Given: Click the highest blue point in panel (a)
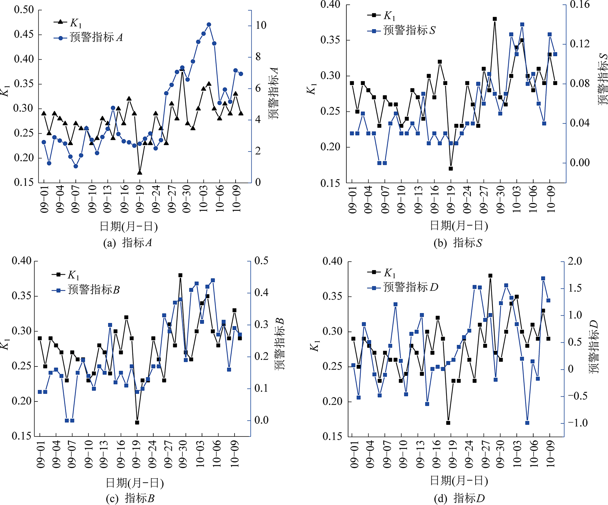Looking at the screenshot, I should pos(209,25).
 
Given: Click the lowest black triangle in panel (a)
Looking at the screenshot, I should pos(140,172).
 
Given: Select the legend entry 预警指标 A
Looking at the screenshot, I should pos(96,37).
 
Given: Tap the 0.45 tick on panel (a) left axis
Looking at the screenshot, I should pos(24,34).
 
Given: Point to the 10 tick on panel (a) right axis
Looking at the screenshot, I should pos(261,25).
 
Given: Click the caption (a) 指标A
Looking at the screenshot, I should pos(127,243).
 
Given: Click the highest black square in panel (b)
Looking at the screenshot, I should pos(494,19).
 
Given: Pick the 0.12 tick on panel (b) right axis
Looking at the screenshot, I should pos(580,44).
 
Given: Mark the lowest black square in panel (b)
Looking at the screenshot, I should pos(451,168).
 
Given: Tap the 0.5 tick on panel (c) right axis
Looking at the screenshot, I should pos(261,261).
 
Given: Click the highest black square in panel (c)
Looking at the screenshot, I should pos(180,275).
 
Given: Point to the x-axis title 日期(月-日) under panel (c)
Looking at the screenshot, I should pos(135,483).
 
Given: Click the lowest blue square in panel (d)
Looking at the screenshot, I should pos(527,423).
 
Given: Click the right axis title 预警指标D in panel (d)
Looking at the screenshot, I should pos(594,347).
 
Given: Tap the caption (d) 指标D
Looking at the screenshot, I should pos(459,498).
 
